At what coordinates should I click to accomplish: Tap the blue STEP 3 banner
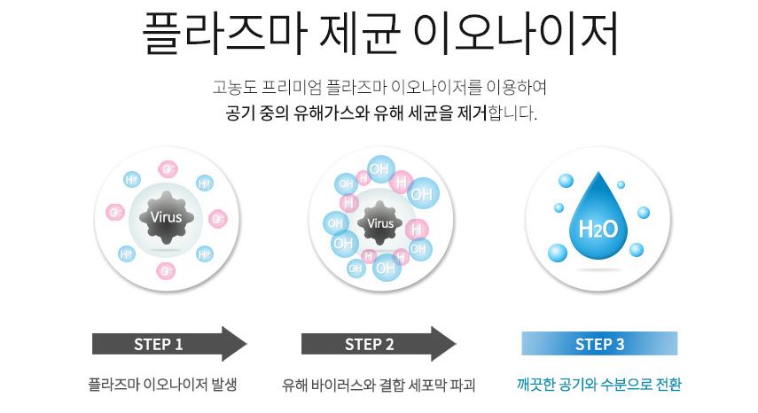click(x=599, y=344)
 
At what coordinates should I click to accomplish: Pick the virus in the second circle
click(x=379, y=222)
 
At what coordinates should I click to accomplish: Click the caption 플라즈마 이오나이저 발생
click(x=164, y=386)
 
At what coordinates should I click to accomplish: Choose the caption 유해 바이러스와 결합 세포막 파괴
click(x=379, y=386)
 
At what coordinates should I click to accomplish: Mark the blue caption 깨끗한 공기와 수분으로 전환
click(x=599, y=386)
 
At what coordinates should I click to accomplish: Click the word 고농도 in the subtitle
click(x=232, y=89)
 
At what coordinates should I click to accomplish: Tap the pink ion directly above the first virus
click(x=167, y=169)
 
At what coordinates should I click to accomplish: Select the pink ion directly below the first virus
click(x=167, y=269)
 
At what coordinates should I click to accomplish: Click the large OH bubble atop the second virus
click(x=379, y=168)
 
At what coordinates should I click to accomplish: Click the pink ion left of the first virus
click(x=115, y=213)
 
